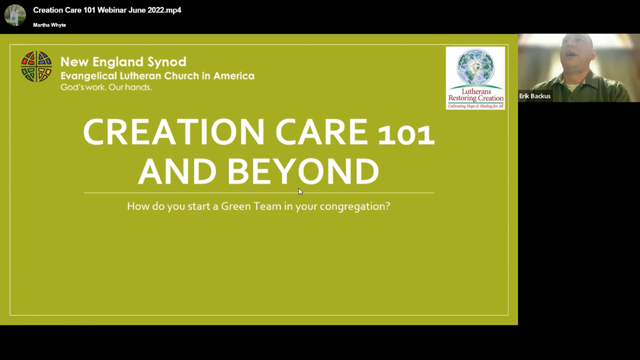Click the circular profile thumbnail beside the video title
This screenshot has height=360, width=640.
click(15, 15)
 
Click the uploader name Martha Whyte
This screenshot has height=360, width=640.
click(49, 25)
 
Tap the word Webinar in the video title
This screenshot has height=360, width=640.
click(112, 10)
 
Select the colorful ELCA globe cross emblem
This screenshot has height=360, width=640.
click(36, 66)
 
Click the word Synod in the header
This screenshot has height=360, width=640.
click(167, 61)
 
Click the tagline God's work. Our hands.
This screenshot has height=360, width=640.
click(106, 87)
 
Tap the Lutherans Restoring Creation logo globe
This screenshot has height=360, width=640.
click(475, 67)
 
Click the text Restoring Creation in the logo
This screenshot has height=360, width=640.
click(476, 98)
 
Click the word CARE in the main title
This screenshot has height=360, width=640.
click(321, 132)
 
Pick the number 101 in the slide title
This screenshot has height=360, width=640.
click(406, 135)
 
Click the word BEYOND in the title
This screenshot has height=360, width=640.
click(303, 171)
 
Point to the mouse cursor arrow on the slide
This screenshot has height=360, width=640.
click(300, 191)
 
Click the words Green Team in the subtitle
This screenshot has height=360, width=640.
click(251, 206)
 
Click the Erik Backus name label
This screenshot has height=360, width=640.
click(535, 96)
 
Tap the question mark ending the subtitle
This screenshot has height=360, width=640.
click(388, 206)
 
